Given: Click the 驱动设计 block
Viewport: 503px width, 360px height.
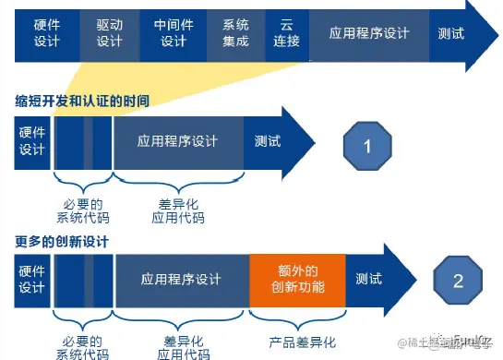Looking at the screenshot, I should click(108, 34).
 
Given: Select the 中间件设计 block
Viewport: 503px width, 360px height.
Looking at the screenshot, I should click(173, 34).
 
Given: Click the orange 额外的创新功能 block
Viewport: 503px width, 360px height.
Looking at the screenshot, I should click(298, 280).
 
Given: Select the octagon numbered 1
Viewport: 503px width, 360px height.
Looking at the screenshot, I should click(367, 147).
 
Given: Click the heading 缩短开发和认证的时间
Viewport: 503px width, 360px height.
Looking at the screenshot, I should click(81, 99).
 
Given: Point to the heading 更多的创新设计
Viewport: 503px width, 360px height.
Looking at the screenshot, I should click(63, 242).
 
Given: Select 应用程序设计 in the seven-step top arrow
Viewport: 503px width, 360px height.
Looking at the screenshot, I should click(369, 34).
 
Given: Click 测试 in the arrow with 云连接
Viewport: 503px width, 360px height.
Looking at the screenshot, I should click(451, 34).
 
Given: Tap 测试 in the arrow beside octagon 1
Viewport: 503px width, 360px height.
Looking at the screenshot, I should click(268, 142).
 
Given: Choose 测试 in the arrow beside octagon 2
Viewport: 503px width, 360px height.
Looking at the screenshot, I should click(369, 280).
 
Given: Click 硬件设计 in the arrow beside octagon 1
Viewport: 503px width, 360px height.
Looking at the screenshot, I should click(32, 142).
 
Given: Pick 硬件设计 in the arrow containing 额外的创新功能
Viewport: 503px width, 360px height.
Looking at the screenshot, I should click(32, 280).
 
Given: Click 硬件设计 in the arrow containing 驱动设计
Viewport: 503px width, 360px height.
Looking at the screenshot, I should click(45, 34).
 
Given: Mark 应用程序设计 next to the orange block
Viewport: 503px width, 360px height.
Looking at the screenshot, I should click(181, 280).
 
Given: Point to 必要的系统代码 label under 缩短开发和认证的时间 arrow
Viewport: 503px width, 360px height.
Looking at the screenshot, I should click(81, 211).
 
